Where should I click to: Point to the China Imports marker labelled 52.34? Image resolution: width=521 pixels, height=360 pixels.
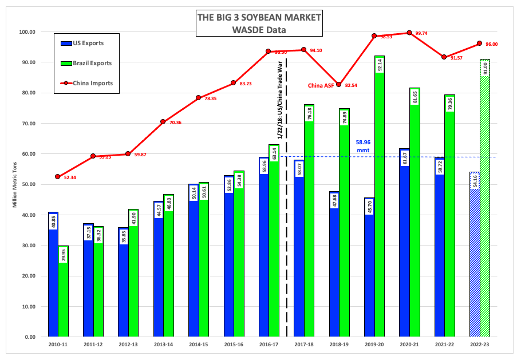point(58,177)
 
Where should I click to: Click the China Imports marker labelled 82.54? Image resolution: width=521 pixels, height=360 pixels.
point(339,85)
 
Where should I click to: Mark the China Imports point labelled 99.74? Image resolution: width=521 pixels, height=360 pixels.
point(409,33)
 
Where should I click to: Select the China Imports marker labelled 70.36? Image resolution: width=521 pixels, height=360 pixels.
point(163,121)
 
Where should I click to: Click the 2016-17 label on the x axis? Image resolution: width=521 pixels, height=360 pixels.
point(269,346)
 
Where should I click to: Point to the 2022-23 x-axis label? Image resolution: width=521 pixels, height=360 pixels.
point(480,346)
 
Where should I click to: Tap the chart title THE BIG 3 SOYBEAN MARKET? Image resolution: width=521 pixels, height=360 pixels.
point(259,17)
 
